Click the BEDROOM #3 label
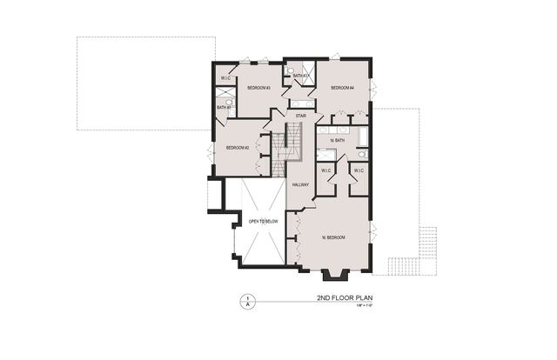coord(258,88)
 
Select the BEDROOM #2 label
coord(238,148)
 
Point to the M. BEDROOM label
coord(333,237)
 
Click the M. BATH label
coord(338,140)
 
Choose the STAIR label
coord(301,116)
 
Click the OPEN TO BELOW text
coord(262,221)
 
